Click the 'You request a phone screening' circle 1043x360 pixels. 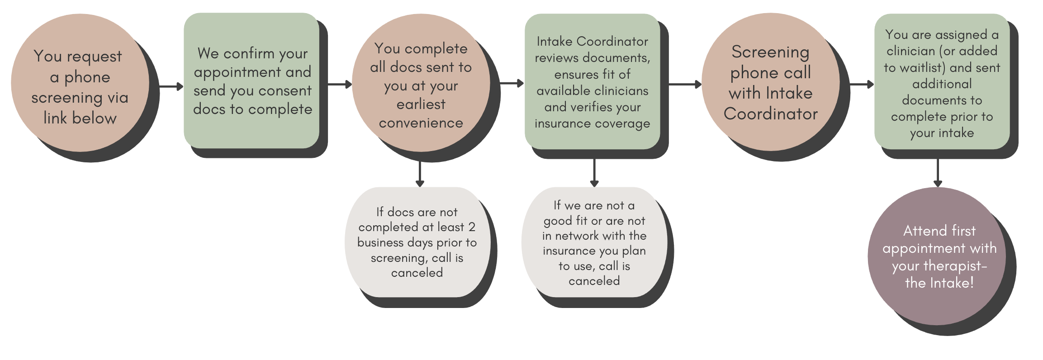click(x=80, y=86)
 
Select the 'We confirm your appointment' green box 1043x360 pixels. click(x=252, y=81)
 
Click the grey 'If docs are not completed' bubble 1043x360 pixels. click(x=417, y=242)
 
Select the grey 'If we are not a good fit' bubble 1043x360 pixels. click(x=594, y=243)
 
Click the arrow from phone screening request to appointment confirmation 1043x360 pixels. click(x=171, y=86)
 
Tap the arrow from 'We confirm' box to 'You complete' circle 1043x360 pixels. click(x=339, y=84)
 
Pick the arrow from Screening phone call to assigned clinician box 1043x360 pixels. click(x=862, y=84)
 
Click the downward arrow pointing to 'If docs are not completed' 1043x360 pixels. click(x=420, y=174)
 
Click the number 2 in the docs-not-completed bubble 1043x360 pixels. click(x=472, y=227)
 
